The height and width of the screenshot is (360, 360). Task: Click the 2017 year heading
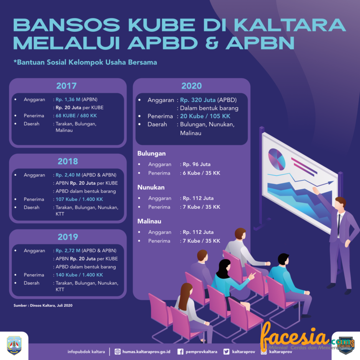tap(67, 86)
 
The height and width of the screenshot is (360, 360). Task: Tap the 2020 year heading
tap(191, 86)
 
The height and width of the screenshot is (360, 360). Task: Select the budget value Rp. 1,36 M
tap(68, 100)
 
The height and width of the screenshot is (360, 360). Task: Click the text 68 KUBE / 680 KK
tap(76, 116)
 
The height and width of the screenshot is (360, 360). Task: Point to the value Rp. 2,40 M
tap(68, 175)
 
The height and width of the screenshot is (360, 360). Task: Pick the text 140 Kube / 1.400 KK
tap(79, 275)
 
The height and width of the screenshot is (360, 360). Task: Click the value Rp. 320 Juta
tap(198, 100)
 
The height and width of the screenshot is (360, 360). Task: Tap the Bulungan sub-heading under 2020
tap(152, 154)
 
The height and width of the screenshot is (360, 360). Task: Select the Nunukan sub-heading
tap(151, 188)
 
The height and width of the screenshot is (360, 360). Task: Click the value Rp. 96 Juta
tap(196, 165)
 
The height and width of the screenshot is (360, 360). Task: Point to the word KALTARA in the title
tap(290, 25)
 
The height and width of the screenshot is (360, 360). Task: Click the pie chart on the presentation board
tap(277, 159)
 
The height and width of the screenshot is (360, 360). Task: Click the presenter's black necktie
tap(339, 224)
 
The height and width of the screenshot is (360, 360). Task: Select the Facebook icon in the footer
tap(180, 352)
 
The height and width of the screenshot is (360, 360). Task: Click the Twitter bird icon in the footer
tap(226, 352)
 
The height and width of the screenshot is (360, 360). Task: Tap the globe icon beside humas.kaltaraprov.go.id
tap(118, 352)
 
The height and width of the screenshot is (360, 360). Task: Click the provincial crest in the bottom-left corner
tap(14, 345)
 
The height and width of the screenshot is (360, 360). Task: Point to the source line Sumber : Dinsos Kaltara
tap(43, 305)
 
